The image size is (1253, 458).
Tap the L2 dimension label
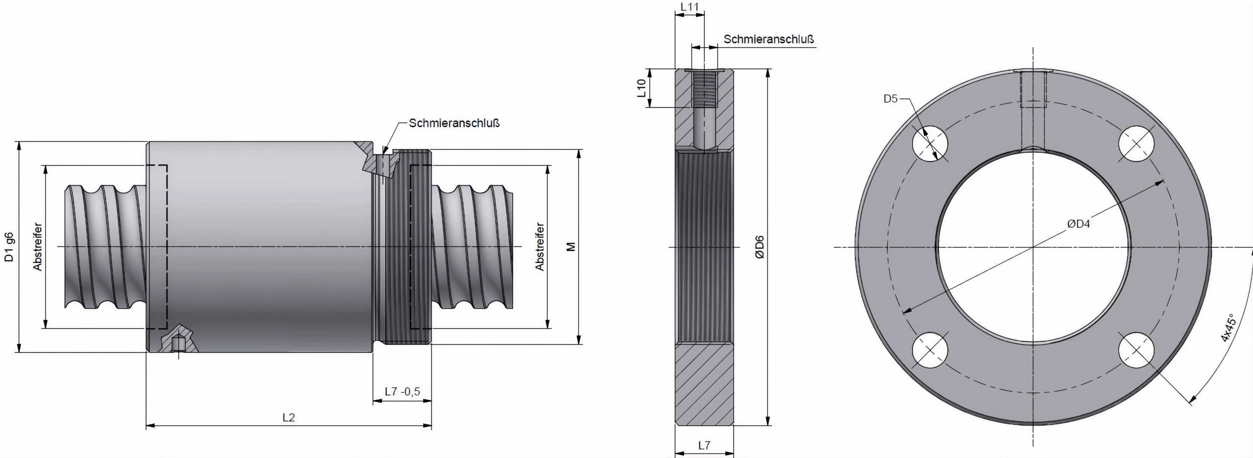289,417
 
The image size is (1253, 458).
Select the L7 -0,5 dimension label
402,392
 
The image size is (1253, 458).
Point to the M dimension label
571,247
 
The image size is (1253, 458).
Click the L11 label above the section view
689,7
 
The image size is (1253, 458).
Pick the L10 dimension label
642,88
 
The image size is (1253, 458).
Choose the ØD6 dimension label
759,247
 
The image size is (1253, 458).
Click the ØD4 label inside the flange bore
1079,224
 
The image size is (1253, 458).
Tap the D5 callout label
890,98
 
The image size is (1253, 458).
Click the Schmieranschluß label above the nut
454,123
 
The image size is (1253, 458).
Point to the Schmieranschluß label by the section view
768,39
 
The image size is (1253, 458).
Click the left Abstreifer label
38,247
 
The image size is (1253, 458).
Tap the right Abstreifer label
539,247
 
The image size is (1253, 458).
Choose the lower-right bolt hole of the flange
1137,351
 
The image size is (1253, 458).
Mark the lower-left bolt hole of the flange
930,351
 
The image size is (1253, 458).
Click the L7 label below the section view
704,445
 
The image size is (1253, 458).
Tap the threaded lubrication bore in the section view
705,90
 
